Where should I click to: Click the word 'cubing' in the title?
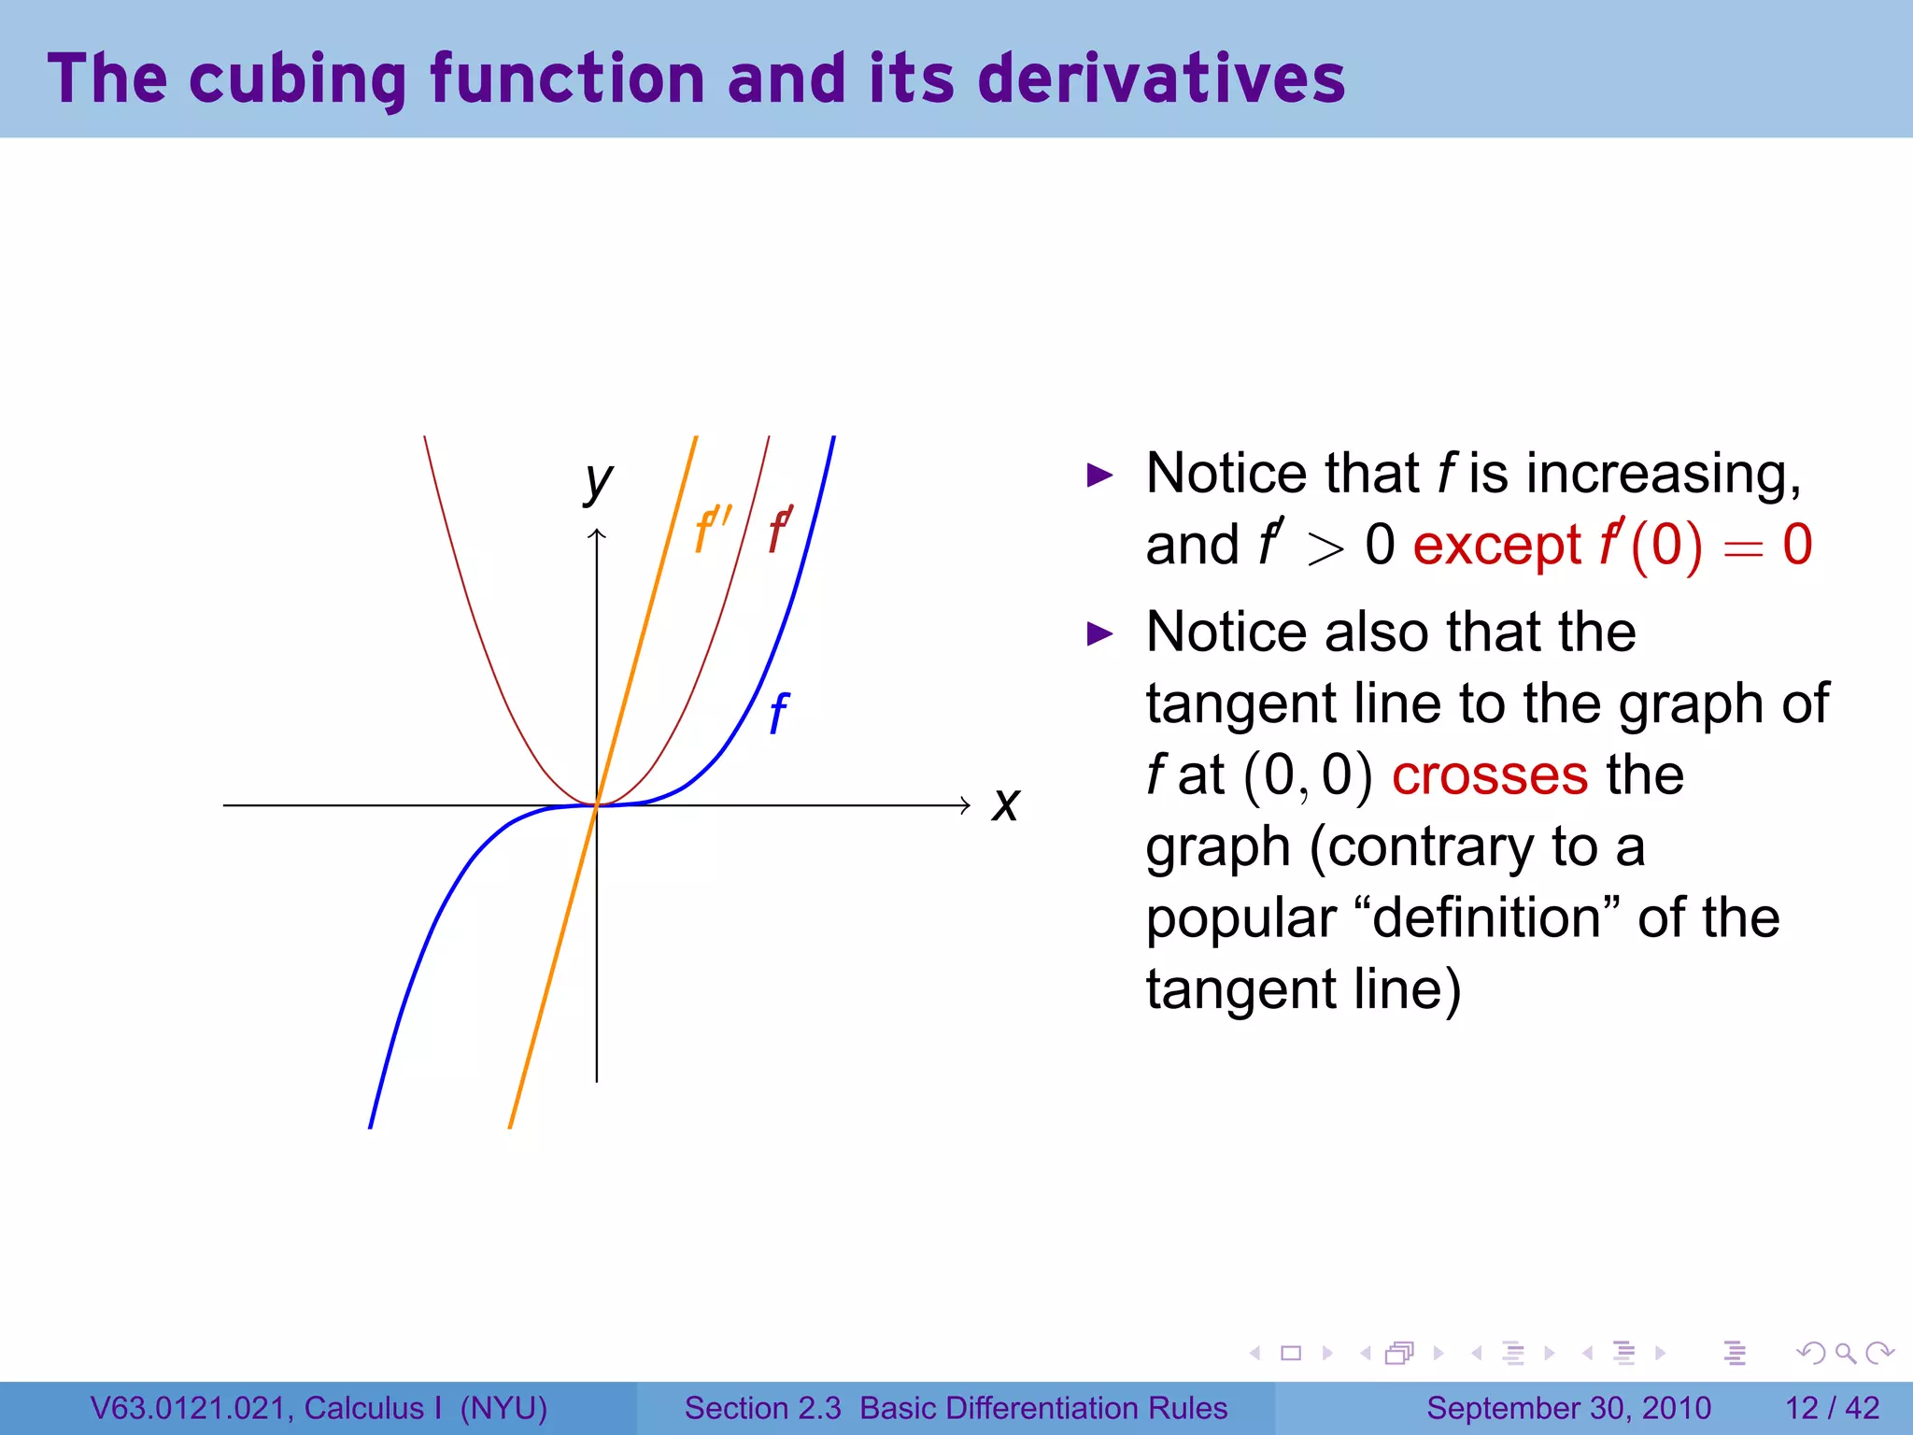pos(297,79)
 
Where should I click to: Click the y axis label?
pos(599,482)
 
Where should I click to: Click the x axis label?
pos(1006,804)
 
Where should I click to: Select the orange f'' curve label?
pos(712,530)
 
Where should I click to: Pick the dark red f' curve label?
pos(780,530)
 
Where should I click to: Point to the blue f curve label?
pos(778,715)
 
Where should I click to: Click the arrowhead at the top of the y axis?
pos(597,533)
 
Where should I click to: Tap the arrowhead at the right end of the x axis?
pos(965,805)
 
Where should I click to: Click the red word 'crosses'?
pos(1489,775)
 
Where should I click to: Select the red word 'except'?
pos(1496,546)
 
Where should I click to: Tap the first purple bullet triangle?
pos(1101,476)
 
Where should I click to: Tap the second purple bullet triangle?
pos(1101,634)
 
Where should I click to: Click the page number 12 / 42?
pos(1832,1408)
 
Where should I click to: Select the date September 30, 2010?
pos(1568,1408)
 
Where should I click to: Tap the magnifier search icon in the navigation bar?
pos(1845,1353)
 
